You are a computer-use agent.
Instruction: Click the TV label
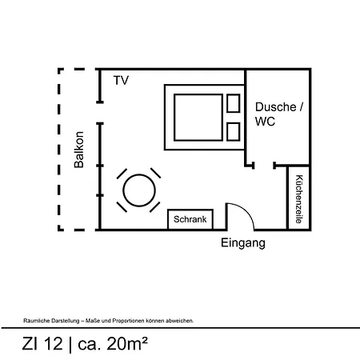point(121,80)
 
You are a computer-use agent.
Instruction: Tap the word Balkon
point(79,150)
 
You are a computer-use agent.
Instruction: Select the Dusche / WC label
point(279,114)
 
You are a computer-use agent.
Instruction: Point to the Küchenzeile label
point(299,199)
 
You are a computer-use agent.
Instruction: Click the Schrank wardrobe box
point(190,219)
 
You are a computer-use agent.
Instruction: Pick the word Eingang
point(243,243)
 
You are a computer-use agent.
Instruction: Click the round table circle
point(139,190)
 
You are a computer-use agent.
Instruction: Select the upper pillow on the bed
point(234,103)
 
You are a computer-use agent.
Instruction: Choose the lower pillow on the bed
point(234,132)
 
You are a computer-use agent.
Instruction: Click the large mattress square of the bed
point(198,118)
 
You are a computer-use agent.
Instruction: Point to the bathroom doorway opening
point(264,166)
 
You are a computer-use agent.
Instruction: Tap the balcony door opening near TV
point(100,113)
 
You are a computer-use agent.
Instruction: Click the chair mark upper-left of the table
point(122,174)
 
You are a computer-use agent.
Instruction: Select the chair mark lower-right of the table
point(155,207)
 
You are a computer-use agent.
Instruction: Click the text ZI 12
point(42,343)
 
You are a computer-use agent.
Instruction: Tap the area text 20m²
point(127,343)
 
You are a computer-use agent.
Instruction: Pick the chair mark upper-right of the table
point(155,173)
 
